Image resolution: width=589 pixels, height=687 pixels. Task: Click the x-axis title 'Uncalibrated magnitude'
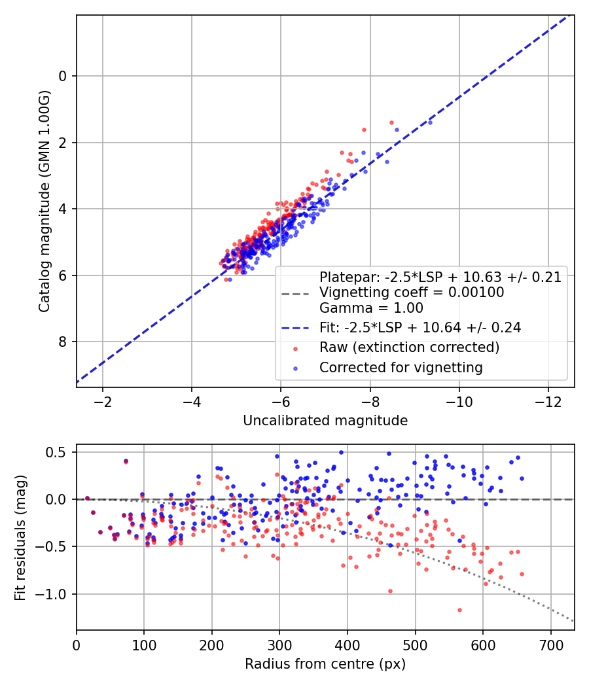click(325, 421)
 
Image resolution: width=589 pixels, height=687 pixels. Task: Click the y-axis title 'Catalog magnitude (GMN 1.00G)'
click(45, 202)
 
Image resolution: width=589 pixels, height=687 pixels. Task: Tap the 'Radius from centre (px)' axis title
click(325, 664)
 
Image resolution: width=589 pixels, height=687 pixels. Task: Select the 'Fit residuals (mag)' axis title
click(20, 537)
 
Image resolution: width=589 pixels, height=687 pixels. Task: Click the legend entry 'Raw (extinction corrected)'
click(409, 347)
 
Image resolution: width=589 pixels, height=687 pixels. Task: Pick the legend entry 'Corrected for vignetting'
click(401, 368)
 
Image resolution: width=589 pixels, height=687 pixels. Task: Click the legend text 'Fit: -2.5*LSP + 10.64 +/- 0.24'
click(420, 328)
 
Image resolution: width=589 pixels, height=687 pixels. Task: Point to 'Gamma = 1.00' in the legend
click(371, 308)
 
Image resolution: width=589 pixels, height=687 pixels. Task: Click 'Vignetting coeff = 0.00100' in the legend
click(412, 292)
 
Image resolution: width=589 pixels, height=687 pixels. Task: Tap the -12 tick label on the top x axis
click(548, 400)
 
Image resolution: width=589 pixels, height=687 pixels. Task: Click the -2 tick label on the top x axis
click(103, 400)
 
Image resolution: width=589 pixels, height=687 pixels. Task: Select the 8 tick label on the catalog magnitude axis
click(62, 342)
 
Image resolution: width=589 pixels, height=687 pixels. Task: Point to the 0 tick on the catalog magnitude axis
click(62, 76)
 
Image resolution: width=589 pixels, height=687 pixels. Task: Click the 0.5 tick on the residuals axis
click(58, 452)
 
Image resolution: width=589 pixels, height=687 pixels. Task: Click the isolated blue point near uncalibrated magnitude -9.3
click(430, 122)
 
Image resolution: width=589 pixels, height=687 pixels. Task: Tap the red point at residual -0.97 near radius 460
click(390, 591)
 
